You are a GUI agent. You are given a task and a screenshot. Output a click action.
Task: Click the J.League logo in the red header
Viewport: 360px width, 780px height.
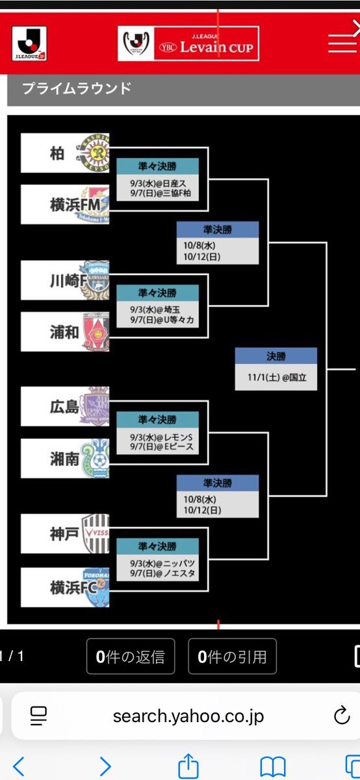[29, 44]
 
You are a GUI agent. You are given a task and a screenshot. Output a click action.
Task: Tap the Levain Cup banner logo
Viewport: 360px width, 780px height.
[188, 44]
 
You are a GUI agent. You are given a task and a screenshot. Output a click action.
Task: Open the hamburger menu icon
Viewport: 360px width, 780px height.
[342, 44]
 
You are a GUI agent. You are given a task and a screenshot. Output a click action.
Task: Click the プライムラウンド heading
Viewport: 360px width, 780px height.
[77, 88]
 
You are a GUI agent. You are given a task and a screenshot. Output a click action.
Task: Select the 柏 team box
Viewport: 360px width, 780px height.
[65, 153]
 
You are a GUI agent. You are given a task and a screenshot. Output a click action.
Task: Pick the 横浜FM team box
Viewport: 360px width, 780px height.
[65, 204]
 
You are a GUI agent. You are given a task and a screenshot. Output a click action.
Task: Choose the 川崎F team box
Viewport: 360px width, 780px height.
[65, 280]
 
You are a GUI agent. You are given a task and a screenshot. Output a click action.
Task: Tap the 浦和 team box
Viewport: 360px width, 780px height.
[65, 331]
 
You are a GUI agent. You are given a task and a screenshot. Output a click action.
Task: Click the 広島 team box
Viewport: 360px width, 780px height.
[65, 406]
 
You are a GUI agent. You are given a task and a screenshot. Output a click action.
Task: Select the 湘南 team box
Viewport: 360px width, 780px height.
[65, 458]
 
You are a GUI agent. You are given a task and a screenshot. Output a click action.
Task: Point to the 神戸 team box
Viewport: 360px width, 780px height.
[65, 534]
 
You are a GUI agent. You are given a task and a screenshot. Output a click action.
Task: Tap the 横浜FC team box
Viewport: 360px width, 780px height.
[65, 588]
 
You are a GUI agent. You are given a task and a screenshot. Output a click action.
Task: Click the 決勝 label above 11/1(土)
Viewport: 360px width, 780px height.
[276, 356]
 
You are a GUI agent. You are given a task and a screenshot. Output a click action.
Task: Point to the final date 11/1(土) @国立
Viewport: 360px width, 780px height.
[277, 378]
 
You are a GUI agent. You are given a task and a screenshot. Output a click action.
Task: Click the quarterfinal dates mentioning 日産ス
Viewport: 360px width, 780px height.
[161, 188]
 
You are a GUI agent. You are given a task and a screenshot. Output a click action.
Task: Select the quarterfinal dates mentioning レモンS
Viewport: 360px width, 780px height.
[162, 441]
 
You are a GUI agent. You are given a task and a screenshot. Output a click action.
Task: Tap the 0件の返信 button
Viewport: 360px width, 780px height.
[131, 656]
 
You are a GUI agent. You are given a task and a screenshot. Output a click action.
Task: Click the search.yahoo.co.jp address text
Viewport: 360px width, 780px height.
[188, 716]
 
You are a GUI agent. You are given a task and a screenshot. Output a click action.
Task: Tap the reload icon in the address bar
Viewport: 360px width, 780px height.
[342, 715]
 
